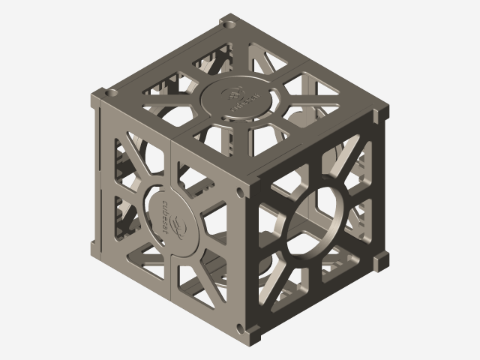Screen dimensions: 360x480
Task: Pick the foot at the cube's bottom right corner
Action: tap(380, 259)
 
